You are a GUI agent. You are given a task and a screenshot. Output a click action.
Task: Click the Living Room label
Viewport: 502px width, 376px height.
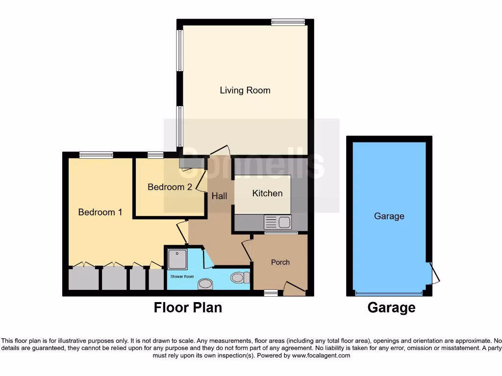coord(245,90)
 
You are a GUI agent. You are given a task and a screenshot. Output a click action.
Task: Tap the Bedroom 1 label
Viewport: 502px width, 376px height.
coord(100,212)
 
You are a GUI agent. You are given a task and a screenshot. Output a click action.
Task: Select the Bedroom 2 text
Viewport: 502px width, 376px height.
coord(170,187)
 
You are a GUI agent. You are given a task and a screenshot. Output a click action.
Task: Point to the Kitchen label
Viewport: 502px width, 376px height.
coord(267,193)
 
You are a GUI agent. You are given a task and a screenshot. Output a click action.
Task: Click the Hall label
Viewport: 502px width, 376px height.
coord(219,196)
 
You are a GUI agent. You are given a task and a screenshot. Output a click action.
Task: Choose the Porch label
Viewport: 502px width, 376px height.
coord(280,262)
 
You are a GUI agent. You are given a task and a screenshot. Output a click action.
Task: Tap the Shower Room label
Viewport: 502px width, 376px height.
coord(182,277)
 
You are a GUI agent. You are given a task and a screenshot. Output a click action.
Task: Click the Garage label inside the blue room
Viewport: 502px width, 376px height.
coord(389,216)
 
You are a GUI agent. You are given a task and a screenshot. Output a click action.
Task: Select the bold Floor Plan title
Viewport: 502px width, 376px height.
coord(188,307)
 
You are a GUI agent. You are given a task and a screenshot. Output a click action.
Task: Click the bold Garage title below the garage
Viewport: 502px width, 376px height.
coord(391,307)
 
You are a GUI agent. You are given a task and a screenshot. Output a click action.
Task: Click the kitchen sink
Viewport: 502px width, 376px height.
coord(277,222)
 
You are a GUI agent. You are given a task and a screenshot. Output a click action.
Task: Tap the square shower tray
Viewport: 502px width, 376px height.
coord(177,259)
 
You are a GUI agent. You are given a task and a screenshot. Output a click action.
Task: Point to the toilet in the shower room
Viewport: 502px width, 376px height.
coord(238,278)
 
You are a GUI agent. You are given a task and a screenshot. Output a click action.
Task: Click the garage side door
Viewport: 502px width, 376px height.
coord(434,274)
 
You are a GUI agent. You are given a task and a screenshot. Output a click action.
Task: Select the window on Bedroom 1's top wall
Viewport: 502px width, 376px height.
coord(96,155)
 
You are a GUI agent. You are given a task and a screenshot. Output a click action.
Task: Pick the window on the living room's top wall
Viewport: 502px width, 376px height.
coord(288,22)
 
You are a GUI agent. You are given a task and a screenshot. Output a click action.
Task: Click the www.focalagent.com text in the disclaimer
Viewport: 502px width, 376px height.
coord(321,355)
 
